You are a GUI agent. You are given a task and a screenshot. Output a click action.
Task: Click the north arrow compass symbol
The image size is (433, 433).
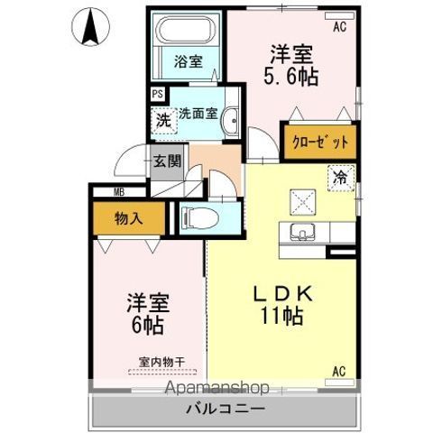coord(91,26)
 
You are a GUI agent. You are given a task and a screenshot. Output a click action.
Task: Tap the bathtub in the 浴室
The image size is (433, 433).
coord(187,30)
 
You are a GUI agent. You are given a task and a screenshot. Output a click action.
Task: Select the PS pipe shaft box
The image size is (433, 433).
coord(158,94)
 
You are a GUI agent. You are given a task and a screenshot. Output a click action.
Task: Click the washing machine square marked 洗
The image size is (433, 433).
coord(164,121)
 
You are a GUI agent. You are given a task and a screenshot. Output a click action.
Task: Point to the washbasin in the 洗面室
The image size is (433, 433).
coord(230,121)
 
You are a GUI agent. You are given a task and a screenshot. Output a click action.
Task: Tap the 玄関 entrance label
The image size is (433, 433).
coord(168,161)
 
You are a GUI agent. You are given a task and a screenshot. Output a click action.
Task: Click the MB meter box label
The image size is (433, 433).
coord(119,192)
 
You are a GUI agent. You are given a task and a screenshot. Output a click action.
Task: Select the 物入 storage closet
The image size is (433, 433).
coord(129,218)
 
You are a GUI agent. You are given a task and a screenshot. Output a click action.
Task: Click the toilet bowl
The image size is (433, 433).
coord(200,218)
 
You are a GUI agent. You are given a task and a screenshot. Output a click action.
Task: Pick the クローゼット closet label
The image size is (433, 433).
coord(320,143)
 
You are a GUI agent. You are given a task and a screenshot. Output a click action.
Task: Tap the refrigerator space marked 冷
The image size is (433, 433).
coord(341,178)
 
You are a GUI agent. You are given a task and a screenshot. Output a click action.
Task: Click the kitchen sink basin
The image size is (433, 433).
coord(302,232)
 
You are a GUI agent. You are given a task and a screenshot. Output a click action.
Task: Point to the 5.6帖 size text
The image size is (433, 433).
coord(291,77)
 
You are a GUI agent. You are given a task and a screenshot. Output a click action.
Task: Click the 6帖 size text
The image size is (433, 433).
coord(148,326)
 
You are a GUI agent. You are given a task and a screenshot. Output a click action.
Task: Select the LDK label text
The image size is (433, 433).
coord(283,294)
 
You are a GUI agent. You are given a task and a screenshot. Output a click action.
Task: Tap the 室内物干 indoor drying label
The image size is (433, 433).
coord(162,362)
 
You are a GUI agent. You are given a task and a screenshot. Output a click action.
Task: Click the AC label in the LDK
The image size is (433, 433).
coord(339,372)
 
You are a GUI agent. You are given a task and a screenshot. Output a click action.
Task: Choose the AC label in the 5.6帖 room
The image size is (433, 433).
coord(339,27)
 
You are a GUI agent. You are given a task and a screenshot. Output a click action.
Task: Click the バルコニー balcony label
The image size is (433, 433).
coord(226,409)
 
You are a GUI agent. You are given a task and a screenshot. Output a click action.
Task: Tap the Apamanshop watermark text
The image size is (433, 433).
coord(216,388)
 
